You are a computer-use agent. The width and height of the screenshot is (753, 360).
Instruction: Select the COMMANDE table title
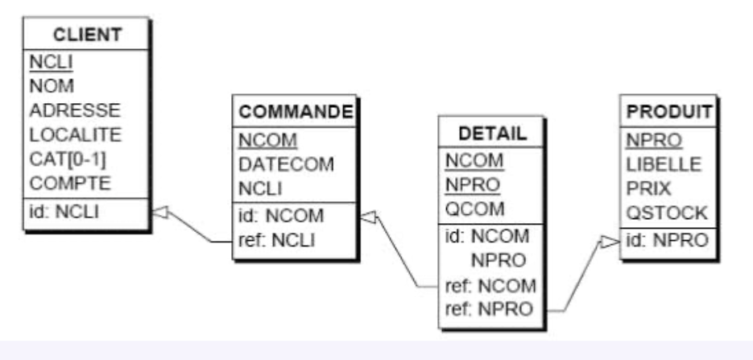(296, 113)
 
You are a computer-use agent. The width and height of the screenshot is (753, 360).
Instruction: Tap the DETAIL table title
(491, 133)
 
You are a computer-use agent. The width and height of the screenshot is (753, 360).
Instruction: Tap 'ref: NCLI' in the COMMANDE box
(275, 241)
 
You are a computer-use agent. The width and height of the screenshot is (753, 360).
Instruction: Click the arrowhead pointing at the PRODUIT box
(612, 241)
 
